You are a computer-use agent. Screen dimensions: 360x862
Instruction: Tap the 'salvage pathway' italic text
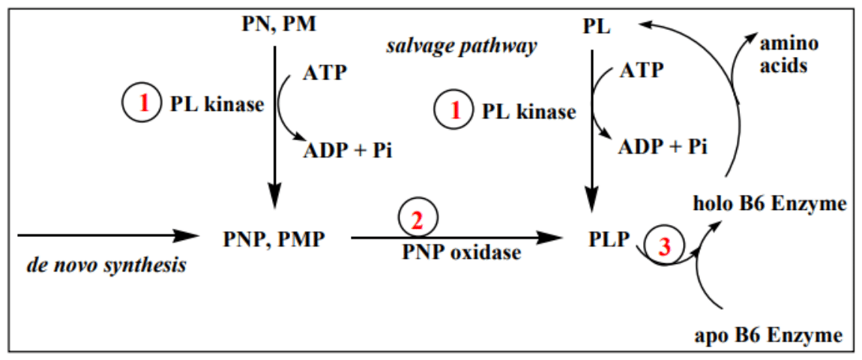(462, 46)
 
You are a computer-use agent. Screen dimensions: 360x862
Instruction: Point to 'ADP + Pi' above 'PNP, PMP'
(347, 150)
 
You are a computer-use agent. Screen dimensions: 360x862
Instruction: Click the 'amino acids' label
(789, 55)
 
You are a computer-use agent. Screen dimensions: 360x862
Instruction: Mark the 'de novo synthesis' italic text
(106, 265)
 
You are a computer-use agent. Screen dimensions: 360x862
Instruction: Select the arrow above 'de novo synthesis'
(105, 235)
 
